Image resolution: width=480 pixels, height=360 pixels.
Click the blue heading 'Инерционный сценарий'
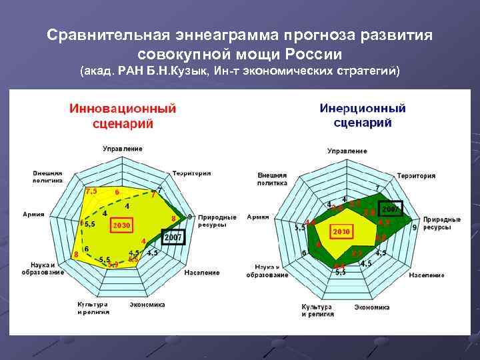363,115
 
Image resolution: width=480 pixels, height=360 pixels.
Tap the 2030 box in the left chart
121,225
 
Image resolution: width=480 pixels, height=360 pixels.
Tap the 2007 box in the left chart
173,237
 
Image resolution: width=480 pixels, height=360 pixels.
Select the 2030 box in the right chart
341,231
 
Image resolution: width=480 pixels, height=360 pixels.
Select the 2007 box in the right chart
391,209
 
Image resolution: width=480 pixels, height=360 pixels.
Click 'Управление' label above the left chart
122,148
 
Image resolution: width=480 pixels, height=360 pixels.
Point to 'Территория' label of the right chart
416,176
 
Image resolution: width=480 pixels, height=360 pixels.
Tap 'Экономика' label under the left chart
147,305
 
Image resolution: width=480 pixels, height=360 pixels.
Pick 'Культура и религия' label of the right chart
317,310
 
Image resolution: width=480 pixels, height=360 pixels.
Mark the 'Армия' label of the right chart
258,217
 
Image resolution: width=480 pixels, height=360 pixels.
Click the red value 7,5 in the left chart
91,191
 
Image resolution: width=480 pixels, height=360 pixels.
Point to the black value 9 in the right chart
415,228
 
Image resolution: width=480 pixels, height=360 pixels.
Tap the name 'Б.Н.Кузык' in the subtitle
175,71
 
